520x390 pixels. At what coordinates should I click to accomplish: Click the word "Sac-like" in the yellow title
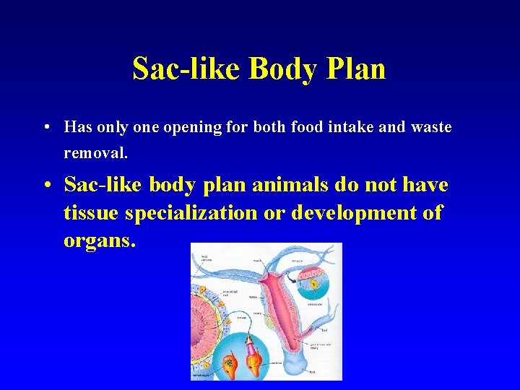click(186, 69)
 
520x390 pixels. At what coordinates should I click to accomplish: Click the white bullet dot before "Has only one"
click(45, 129)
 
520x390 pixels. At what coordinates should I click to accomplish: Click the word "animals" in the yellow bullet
click(293, 185)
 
